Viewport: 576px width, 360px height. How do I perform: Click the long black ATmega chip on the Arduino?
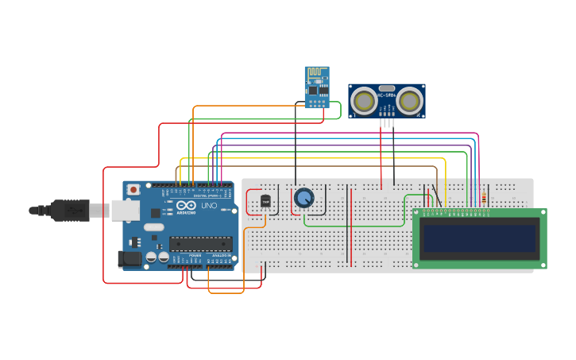(200, 244)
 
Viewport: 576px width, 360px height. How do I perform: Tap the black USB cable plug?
(71, 210)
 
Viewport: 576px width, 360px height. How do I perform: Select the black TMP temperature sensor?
(265, 202)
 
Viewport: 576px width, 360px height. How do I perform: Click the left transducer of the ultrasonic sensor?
(364, 101)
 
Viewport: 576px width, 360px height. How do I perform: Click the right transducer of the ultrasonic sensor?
(410, 101)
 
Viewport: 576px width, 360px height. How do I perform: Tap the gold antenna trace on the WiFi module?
(317, 73)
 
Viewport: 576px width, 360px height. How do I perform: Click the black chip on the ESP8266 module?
(314, 90)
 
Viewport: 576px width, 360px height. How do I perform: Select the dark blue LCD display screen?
(479, 238)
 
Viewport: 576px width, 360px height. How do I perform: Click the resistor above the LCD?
(485, 197)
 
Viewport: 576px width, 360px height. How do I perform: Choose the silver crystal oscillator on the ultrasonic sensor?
(387, 88)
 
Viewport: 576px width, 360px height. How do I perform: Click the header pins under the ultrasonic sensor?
(387, 122)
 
